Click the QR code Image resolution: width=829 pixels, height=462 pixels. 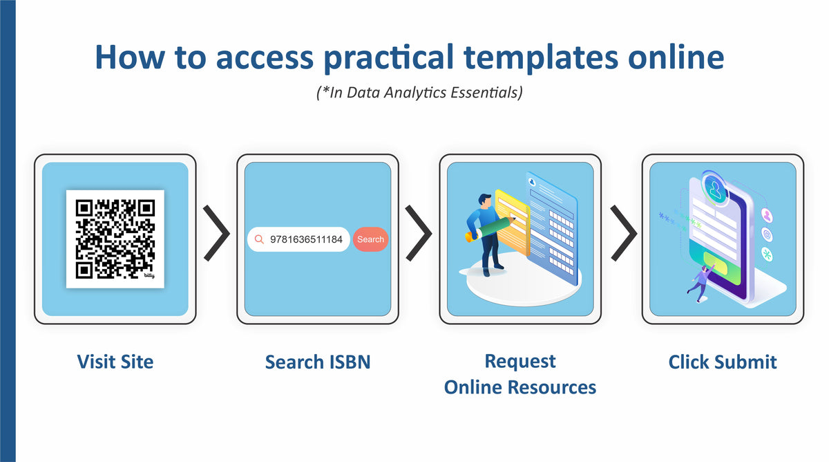(115, 239)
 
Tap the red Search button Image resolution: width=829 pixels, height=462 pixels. (370, 239)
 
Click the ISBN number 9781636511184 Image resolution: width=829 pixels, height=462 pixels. (306, 239)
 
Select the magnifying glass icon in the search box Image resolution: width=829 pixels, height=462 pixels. (260, 239)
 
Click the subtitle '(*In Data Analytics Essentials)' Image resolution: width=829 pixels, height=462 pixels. (414, 93)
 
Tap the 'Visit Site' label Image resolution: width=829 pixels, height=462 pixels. (115, 361)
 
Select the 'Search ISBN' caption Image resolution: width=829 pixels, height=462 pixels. (318, 361)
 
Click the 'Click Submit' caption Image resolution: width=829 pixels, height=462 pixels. (723, 361)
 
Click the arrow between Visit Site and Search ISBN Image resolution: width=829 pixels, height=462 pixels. (216, 233)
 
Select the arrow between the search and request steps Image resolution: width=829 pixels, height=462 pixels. (419, 233)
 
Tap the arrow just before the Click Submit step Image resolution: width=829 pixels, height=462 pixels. (623, 233)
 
